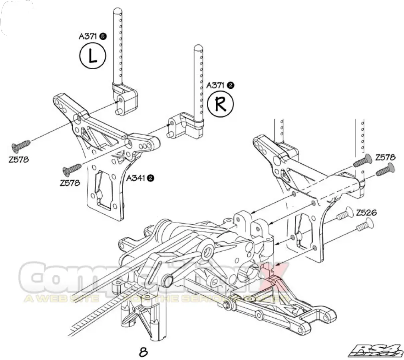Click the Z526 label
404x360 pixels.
(x=366, y=212)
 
